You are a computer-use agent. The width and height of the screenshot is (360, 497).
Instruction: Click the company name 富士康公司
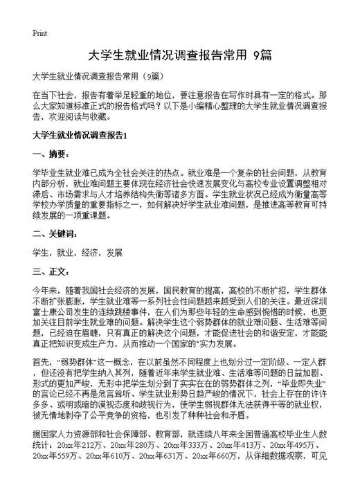pyautogui.click(x=53, y=311)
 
